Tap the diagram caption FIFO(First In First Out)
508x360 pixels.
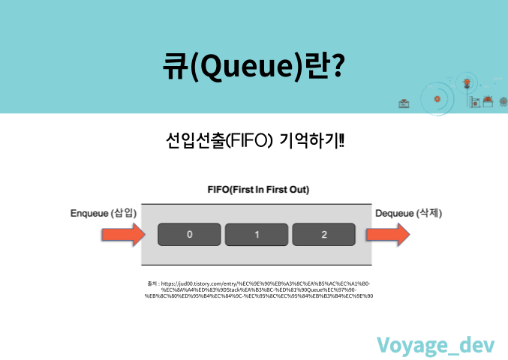pos(257,190)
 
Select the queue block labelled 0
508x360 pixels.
pos(190,235)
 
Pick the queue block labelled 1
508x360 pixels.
pos(257,235)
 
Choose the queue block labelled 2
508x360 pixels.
pos(323,235)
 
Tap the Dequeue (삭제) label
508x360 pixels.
pos(407,213)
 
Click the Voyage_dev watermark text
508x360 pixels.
pos(435,343)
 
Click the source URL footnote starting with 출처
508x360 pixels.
pos(258,289)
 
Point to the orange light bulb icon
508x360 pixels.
pos(467,81)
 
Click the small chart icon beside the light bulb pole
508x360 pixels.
pos(475,103)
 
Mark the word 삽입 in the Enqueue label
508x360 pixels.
pos(125,213)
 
